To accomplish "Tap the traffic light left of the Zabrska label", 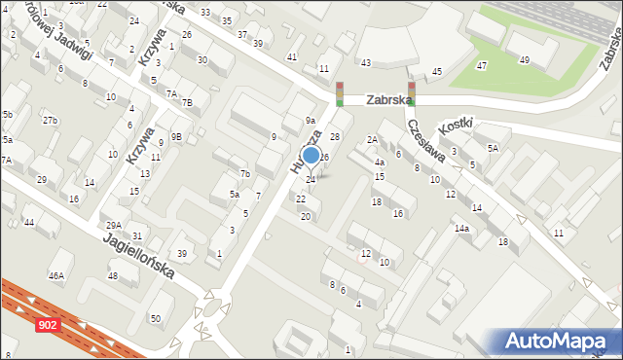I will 340,93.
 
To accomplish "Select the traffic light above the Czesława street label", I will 412,93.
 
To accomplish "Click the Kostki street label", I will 456,125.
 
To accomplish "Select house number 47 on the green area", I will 482,65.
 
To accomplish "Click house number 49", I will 525,60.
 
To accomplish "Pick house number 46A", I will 56,276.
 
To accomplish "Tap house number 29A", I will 113,225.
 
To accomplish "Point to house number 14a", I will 461,228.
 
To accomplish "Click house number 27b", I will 50,120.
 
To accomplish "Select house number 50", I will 155,319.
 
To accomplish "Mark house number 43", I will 365,62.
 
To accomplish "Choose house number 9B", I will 176,136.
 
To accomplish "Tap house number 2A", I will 372,140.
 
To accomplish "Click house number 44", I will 29,223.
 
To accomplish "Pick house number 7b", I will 246,174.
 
